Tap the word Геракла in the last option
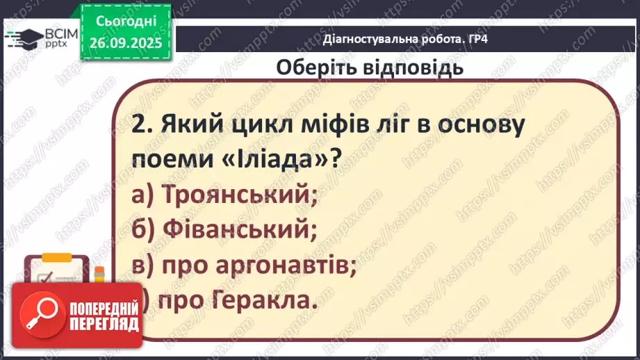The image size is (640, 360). [265, 301]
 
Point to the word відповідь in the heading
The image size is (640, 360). [413, 67]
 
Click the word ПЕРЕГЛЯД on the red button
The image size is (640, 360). [104, 324]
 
